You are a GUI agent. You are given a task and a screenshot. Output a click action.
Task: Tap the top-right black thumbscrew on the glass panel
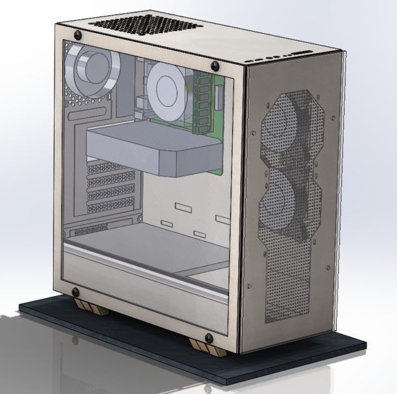(x=215, y=66)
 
